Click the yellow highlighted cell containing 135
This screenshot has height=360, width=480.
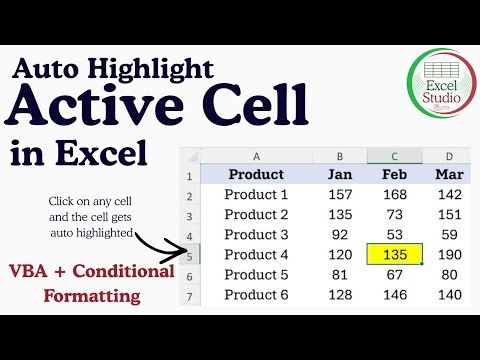(395, 254)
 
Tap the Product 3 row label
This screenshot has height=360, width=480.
(256, 234)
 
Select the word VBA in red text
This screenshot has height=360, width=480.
(37, 273)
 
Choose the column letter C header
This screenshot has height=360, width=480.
(395, 156)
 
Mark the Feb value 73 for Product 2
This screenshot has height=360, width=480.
(395, 214)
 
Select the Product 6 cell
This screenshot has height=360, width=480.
(256, 294)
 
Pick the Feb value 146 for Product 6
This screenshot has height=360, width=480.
(395, 294)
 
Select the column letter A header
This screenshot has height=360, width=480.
(256, 156)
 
